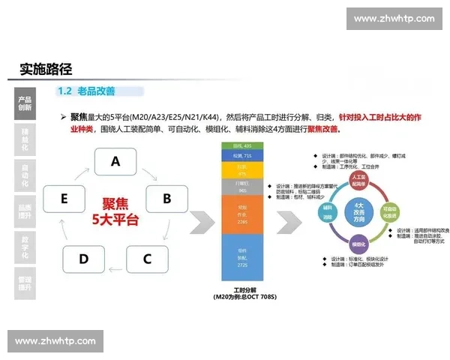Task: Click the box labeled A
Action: (115, 161)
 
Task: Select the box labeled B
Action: (167, 199)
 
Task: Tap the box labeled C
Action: (147, 259)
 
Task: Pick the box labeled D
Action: (84, 259)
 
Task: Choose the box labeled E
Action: (64, 199)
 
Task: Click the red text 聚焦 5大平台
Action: (115, 211)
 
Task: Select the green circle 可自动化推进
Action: (388, 211)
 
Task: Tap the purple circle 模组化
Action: (357, 244)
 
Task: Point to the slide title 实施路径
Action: (46, 69)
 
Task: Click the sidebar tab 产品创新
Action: (25, 103)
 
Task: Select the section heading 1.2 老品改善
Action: (87, 91)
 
